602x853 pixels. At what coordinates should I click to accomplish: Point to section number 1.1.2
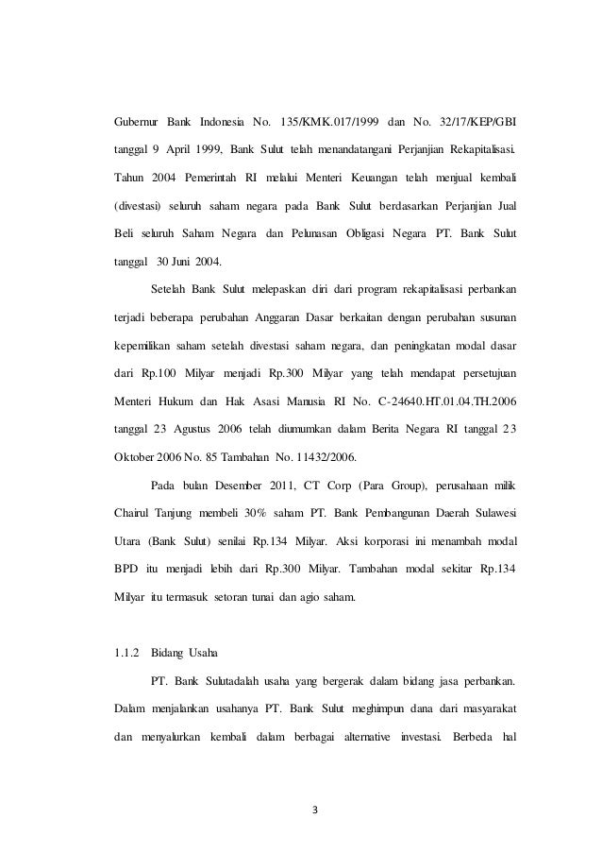(x=125, y=651)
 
